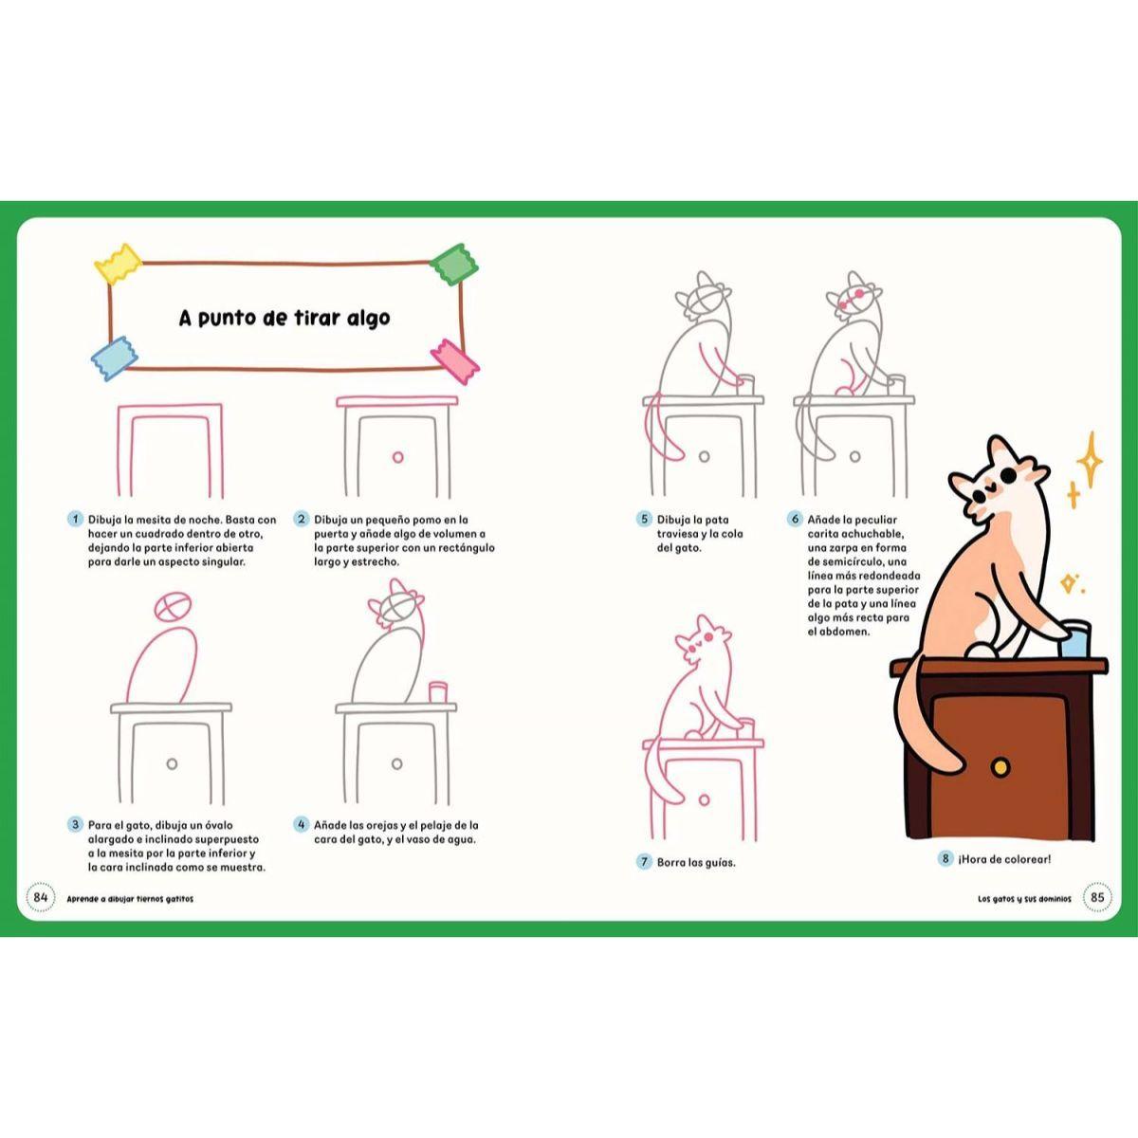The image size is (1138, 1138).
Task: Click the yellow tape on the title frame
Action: click(119, 264)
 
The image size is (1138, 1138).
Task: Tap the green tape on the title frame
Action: click(453, 264)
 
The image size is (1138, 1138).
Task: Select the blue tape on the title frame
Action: click(114, 358)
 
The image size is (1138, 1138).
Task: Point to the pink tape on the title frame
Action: click(455, 361)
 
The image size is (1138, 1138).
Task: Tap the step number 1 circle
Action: click(75, 520)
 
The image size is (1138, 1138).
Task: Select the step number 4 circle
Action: click(302, 824)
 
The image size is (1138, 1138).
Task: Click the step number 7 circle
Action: click(644, 862)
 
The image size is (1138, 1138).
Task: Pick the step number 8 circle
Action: click(945, 858)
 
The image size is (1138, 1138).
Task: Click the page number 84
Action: click(40, 898)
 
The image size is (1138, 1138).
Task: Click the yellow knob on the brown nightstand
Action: click(1000, 766)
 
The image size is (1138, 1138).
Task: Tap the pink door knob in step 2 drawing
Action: click(398, 457)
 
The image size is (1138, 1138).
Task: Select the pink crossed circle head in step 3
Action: click(173, 607)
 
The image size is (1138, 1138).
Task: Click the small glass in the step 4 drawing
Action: click(438, 691)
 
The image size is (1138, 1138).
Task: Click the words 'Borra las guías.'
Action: click(696, 862)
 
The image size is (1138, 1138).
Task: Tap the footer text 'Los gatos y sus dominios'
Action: click(1024, 899)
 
